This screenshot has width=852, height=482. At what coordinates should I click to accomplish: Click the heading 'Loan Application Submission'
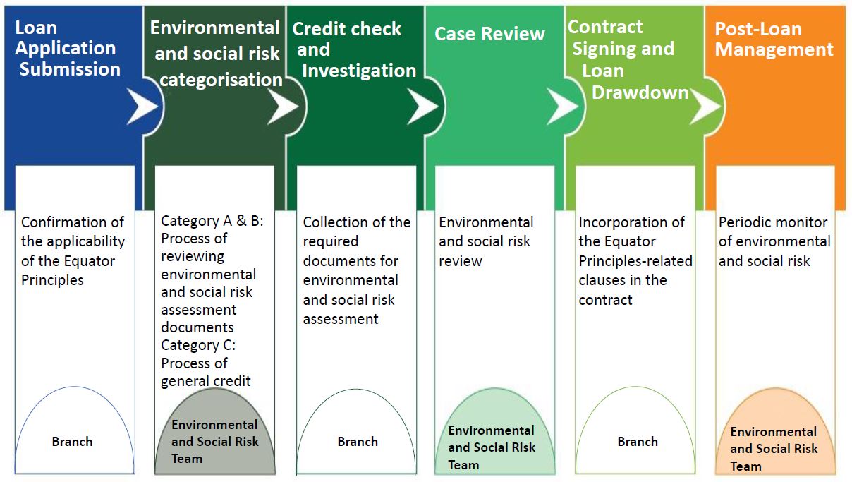click(x=68, y=49)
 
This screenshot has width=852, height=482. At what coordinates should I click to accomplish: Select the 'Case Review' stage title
click(x=489, y=34)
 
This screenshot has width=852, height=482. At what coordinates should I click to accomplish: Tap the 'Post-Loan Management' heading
click(x=774, y=40)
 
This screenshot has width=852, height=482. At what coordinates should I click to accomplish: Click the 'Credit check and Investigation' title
click(x=353, y=49)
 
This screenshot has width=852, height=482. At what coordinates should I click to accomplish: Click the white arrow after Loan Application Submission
click(x=142, y=107)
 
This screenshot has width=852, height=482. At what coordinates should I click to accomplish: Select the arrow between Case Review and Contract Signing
click(x=562, y=107)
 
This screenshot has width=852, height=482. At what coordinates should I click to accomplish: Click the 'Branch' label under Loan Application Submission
click(x=72, y=442)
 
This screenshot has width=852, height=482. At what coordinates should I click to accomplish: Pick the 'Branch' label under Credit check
click(x=358, y=442)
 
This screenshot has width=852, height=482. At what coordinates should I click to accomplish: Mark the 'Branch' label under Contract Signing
click(x=638, y=442)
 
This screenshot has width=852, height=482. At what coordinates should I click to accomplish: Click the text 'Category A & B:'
click(x=212, y=221)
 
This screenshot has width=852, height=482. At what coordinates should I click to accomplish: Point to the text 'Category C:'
click(x=198, y=345)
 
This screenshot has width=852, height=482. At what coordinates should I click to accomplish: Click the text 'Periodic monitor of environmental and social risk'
click(x=774, y=241)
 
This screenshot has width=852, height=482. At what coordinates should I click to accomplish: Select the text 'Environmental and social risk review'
click(x=485, y=241)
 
